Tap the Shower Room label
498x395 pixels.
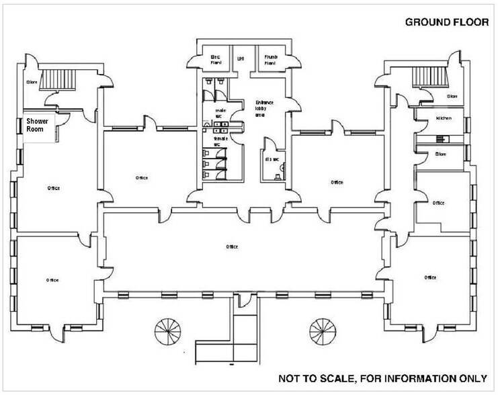(38, 126)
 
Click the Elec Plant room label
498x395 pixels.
(216, 58)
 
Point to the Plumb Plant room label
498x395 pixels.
(270, 58)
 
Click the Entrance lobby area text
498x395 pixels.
(263, 107)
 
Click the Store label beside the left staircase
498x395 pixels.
(31, 82)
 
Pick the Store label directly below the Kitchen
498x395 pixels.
(441, 154)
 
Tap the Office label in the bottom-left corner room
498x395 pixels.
(52, 279)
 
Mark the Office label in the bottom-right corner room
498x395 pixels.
(431, 277)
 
